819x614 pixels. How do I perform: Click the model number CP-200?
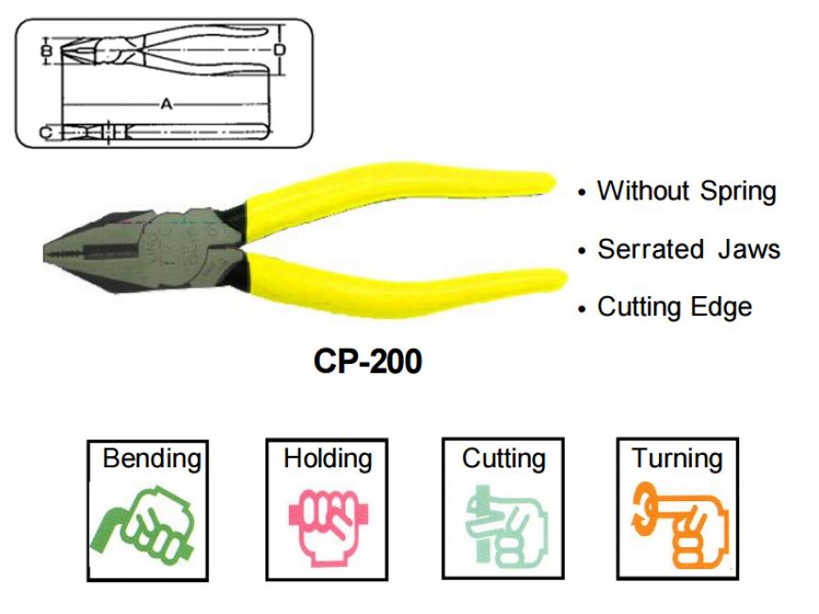pyautogui.click(x=368, y=360)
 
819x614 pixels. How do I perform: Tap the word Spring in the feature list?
pyautogui.click(x=738, y=191)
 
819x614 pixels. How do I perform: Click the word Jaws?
pyautogui.click(x=749, y=249)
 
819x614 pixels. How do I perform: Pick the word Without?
pyautogui.click(x=643, y=191)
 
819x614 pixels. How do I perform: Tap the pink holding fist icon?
pyautogui.click(x=329, y=527)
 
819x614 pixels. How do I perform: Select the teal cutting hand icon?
pyautogui.click(x=506, y=527)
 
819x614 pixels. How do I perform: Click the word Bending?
pyautogui.click(x=152, y=459)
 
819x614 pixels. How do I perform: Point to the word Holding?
pyautogui.click(x=328, y=459)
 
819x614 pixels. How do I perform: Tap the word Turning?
pyautogui.click(x=677, y=459)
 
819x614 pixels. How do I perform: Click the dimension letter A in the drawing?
pyautogui.click(x=166, y=104)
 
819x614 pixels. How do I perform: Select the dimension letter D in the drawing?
pyautogui.click(x=280, y=50)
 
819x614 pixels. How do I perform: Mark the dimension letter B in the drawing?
pyautogui.click(x=46, y=51)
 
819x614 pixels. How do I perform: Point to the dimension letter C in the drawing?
pyautogui.click(x=46, y=133)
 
